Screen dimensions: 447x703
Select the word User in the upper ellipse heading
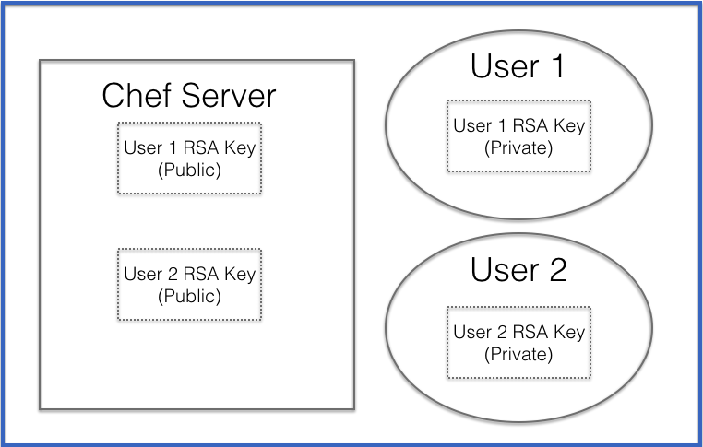click(x=504, y=66)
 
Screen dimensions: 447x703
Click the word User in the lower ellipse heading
click(x=504, y=270)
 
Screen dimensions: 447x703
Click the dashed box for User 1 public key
click(x=189, y=158)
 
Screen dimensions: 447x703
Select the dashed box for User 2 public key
click(x=189, y=284)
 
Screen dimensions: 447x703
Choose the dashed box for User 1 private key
click(x=518, y=135)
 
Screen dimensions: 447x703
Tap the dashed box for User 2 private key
click(x=518, y=342)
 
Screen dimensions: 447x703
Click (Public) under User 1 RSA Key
click(x=189, y=170)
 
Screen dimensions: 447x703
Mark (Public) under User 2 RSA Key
click(x=189, y=296)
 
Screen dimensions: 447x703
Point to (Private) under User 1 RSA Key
click(x=518, y=147)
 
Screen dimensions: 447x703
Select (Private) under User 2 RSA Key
click(x=518, y=354)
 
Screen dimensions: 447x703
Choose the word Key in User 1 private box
click(x=570, y=125)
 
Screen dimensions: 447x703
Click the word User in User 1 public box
click(x=142, y=147)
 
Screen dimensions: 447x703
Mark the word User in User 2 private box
click(x=471, y=332)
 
